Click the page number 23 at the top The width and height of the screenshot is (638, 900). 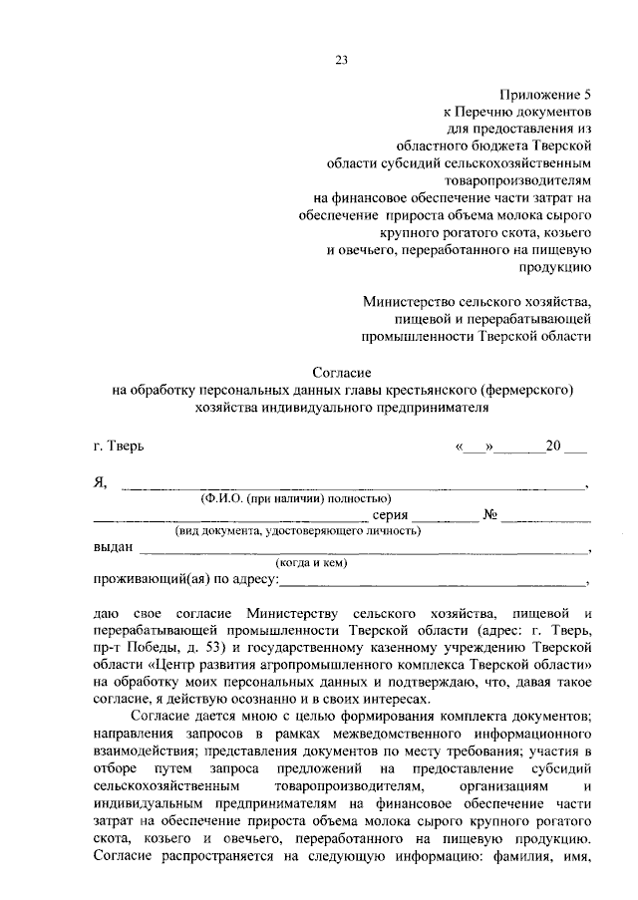(340, 60)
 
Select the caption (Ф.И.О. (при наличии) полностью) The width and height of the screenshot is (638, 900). (295, 497)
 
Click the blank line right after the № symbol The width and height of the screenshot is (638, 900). (546, 518)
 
